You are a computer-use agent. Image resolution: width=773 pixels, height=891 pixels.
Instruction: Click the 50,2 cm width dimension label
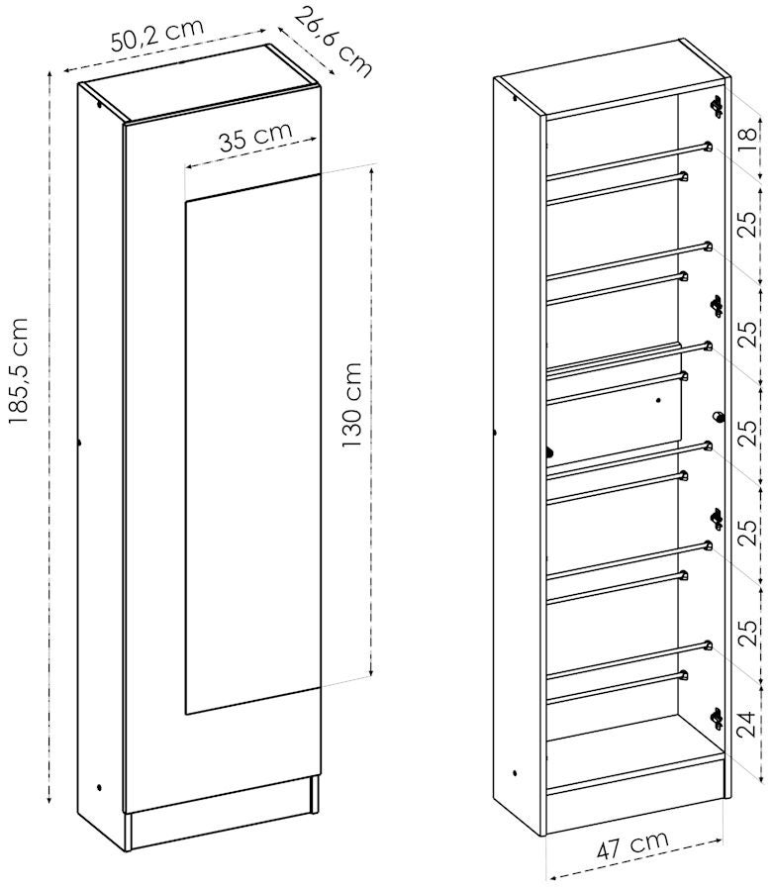(156, 36)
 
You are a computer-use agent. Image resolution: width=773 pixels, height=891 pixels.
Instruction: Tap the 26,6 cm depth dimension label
(334, 42)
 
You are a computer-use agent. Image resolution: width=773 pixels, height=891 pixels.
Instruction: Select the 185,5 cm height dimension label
(18, 370)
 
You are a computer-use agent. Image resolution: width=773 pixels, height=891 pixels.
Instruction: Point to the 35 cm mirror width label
(255, 137)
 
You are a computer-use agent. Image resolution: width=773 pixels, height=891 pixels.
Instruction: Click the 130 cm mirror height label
(352, 405)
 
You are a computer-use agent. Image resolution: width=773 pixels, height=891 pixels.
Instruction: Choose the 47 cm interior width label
(632, 846)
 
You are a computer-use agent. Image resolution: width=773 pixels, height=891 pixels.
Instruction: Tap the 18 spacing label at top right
(748, 134)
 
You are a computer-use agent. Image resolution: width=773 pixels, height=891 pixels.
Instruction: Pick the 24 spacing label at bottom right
(747, 724)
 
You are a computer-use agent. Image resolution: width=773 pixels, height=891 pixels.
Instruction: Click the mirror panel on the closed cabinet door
(252, 445)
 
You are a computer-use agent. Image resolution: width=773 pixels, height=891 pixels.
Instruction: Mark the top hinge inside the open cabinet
(717, 106)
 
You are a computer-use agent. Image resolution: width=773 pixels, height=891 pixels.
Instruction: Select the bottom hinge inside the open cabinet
(717, 719)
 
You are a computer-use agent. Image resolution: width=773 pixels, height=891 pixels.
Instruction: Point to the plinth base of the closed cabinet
(222, 816)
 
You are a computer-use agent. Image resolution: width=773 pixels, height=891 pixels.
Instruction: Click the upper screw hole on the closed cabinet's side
(100, 105)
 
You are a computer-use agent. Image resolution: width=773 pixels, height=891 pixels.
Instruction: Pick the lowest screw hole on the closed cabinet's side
(99, 788)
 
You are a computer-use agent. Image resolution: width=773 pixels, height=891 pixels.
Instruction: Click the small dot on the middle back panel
(658, 400)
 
